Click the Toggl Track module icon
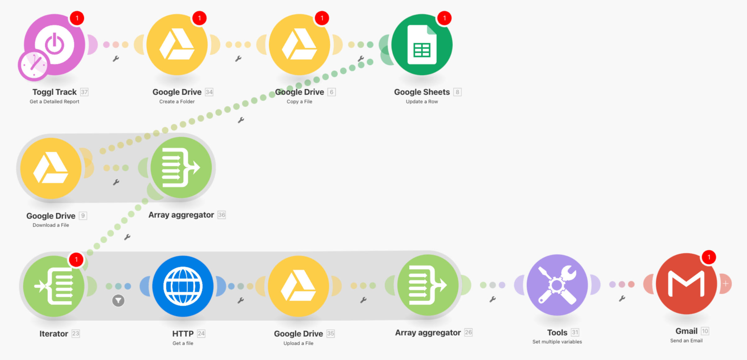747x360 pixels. [55, 44]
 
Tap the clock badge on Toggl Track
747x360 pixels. [33, 65]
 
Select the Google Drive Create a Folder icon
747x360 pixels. [177, 44]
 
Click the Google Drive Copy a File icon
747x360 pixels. [299, 44]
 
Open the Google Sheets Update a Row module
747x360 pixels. [422, 44]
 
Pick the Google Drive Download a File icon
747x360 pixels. [51, 168]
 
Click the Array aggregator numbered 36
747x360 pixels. [181, 168]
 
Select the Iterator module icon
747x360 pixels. [54, 286]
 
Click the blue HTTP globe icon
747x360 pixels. [183, 286]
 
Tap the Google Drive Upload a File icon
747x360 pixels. [298, 286]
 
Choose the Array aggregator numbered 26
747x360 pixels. [428, 285]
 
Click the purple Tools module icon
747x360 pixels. [557, 285]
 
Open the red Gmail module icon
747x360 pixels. [686, 284]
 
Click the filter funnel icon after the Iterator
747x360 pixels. [118, 301]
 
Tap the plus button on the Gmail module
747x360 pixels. [726, 284]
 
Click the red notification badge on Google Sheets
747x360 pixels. [444, 18]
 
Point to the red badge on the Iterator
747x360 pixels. [76, 260]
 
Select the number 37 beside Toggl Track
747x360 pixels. [84, 92]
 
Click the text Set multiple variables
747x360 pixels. [557, 342]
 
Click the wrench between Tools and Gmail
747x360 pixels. [622, 299]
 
